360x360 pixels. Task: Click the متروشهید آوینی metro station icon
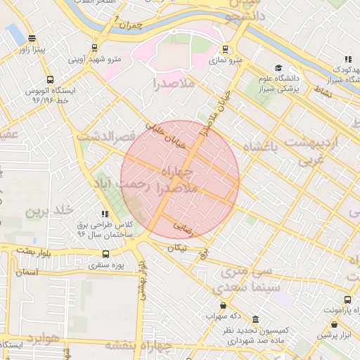pos(94,48)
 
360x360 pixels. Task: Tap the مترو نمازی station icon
pos(225,49)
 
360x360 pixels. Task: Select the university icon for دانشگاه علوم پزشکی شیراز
pos(278,68)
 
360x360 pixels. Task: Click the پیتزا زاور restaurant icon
pos(32,38)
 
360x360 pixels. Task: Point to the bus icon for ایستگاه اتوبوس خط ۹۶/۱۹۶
pos(49,80)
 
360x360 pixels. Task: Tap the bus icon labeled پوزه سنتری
pos(105,255)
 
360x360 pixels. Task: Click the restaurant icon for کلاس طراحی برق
pos(105,213)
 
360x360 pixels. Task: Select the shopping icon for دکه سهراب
pos(224,305)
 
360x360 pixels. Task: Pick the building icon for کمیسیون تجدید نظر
pos(254,319)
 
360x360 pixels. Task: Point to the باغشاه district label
pos(261,146)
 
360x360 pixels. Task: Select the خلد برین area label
pos(50,211)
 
